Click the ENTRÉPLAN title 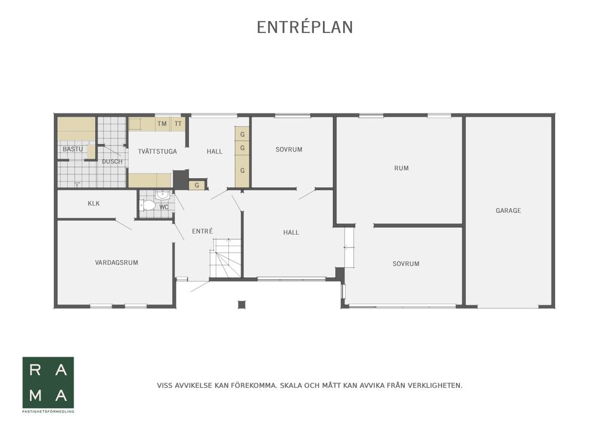click(305, 27)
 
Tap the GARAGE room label click(508, 211)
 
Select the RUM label click(401, 168)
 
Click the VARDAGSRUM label click(117, 263)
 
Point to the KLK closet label click(94, 203)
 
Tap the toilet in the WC click(147, 205)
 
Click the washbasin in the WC click(162, 195)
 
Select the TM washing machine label click(162, 124)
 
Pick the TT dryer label click(178, 124)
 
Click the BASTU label click(72, 149)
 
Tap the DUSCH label click(112, 161)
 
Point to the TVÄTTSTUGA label click(157, 152)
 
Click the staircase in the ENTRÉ click(226, 258)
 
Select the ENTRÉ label click(202, 231)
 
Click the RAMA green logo click(48, 383)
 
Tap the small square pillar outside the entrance click(242, 305)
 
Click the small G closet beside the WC click(197, 185)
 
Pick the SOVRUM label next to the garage click(406, 264)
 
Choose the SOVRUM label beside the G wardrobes click(289, 149)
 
